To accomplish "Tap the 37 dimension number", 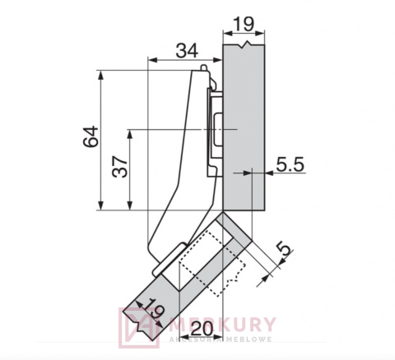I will (120, 170).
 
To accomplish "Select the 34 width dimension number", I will (187, 51).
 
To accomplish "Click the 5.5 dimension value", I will (290, 164).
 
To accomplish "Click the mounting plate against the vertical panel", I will (216, 132).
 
